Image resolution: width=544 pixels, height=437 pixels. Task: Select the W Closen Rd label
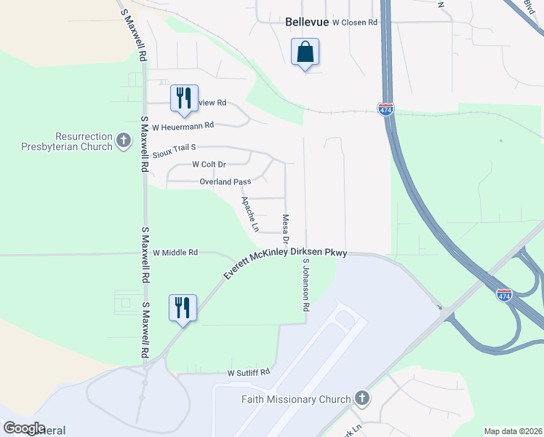coord(355,23)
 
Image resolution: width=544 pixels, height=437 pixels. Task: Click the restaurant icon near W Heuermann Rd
coord(184,98)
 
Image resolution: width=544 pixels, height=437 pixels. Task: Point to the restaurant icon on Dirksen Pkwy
coord(182,307)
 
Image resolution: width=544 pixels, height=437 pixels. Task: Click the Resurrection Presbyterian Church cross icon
coord(124,139)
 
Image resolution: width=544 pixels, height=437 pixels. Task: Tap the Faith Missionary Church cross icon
coord(361,398)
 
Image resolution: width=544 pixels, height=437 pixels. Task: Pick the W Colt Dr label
coord(209,165)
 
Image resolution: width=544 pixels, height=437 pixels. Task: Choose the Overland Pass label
coord(225,181)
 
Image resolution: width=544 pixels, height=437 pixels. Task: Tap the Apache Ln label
coord(249,213)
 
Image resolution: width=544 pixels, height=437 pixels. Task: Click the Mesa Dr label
coord(286,229)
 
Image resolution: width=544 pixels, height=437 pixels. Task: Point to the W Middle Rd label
coord(175,253)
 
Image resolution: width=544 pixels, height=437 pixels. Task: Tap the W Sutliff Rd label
coord(248,371)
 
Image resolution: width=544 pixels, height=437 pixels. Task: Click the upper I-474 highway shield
coord(385,109)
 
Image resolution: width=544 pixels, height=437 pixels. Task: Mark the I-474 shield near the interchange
coord(504,294)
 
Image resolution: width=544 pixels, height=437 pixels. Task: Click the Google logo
coord(24,428)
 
